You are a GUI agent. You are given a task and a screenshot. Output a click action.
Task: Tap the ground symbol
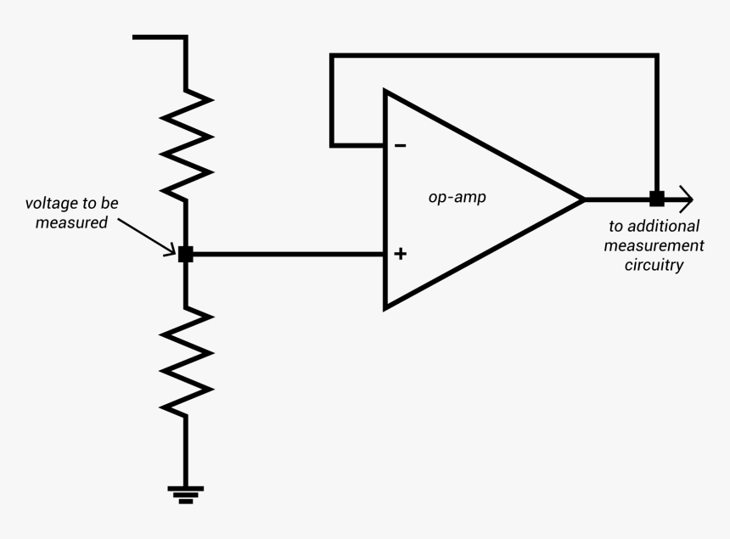(186, 493)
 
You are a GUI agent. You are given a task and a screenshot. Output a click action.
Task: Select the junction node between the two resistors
(186, 254)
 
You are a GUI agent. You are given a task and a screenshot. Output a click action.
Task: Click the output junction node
(656, 199)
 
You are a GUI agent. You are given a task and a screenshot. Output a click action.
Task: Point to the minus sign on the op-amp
(400, 146)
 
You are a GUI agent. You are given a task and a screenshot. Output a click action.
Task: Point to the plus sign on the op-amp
(401, 254)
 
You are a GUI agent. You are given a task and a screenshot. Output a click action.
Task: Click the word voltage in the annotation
(49, 205)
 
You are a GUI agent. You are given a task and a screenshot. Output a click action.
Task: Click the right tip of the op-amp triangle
(581, 199)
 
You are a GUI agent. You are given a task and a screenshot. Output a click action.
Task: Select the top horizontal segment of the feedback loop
(492, 56)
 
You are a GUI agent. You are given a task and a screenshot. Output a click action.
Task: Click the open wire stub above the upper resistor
(160, 37)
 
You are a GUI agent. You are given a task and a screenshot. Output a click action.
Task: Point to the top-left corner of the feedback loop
(332, 57)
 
